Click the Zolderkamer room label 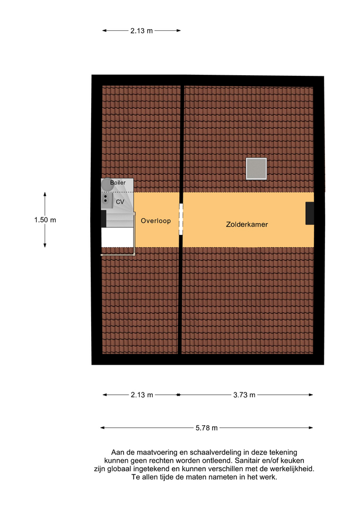247,224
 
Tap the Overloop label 156,221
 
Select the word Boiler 118,183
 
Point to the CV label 120,202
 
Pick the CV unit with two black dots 107,199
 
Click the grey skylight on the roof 256,169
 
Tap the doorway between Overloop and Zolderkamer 181,219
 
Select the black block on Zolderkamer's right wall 310,213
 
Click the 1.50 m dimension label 45,220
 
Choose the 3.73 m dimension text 244,394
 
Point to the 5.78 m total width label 207,428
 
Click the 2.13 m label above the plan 142,31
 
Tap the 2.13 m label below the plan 142,394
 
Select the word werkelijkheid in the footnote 288,469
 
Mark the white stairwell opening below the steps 117,238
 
